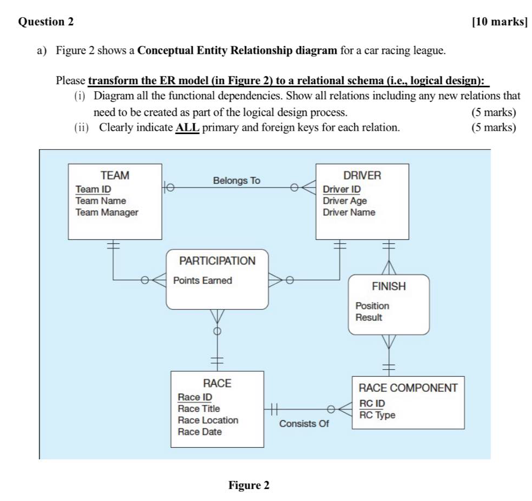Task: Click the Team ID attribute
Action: [93, 189]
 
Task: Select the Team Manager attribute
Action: [107, 212]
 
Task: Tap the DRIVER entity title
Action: [362, 175]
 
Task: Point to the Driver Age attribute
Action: [345, 201]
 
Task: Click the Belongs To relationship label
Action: [236, 180]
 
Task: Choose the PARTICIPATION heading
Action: [217, 261]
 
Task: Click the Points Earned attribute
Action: [202, 281]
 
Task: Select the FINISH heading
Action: [389, 286]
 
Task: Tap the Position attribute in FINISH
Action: [372, 306]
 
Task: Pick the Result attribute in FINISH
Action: [368, 317]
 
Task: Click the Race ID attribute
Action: [195, 397]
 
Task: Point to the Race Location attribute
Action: [208, 420]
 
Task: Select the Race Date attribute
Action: [199, 432]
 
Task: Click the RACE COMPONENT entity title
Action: [408, 388]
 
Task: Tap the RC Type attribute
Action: [377, 415]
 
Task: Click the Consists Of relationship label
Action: [304, 423]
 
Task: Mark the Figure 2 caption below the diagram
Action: [248, 485]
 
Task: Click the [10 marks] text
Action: [499, 22]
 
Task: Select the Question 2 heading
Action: [46, 22]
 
